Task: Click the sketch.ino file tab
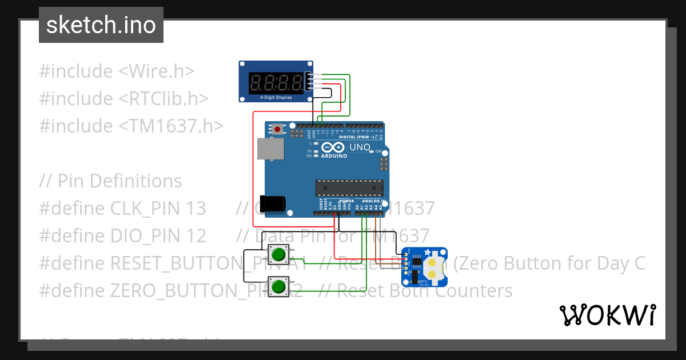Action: coord(101,25)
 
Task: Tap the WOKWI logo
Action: coord(607,315)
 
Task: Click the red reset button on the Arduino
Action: coord(278,130)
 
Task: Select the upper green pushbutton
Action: coord(279,254)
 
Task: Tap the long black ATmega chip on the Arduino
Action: coord(349,187)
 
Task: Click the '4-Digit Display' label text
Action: coord(276,98)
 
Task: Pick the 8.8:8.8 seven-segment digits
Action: coord(276,83)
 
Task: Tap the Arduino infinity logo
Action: coord(334,147)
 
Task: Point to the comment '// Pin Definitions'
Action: coord(110,181)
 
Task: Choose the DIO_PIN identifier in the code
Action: coord(145,236)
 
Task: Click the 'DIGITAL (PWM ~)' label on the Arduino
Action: coord(357,137)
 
